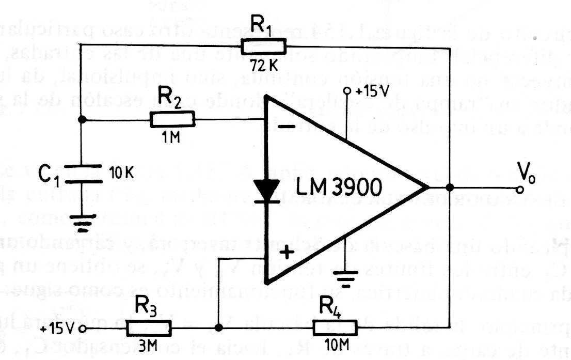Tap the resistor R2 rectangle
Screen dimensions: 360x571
point(173,120)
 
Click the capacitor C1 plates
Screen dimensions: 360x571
point(81,174)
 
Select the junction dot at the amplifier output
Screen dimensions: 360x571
point(450,188)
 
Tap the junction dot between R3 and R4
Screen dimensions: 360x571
point(218,328)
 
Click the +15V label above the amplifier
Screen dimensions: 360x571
point(371,92)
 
